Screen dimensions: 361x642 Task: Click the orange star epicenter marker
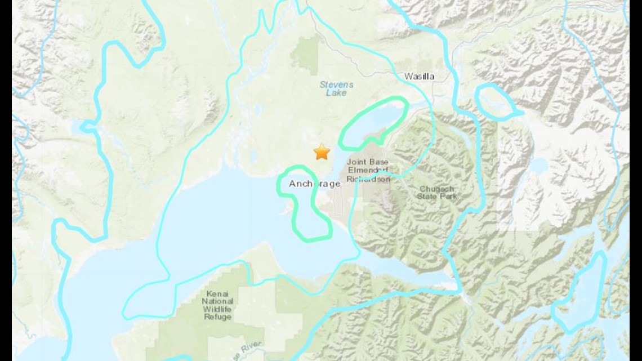tap(322, 151)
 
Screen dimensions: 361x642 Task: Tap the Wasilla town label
tap(420, 77)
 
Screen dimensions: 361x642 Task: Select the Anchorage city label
tap(314, 184)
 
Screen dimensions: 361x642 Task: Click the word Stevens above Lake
tap(336, 84)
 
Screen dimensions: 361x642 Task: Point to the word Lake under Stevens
tap(336, 92)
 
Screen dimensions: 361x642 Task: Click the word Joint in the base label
tap(356, 162)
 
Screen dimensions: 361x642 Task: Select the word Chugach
tap(436, 189)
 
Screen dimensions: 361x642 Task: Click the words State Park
tap(437, 196)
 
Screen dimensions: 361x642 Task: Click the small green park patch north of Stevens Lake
tap(307, 56)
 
